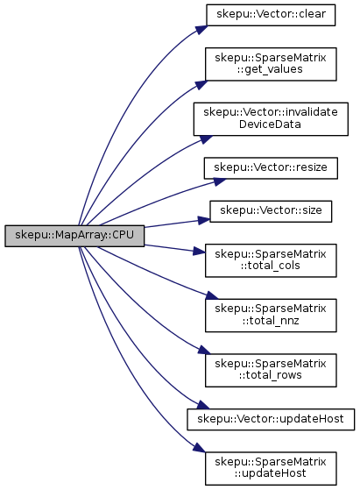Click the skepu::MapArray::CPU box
pyautogui.click(x=74, y=236)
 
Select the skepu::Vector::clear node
pyautogui.click(x=271, y=15)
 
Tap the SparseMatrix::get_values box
pyautogui.click(x=271, y=64)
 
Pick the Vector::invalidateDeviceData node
pyautogui.click(x=271, y=118)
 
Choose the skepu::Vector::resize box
pyautogui.click(x=271, y=168)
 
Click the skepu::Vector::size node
pyautogui.click(x=271, y=211)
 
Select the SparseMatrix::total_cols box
pyautogui.click(x=271, y=260)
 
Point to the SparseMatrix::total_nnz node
pyautogui.click(x=271, y=316)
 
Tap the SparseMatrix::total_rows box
pyautogui.click(x=271, y=370)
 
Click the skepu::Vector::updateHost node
pyautogui.click(x=271, y=419)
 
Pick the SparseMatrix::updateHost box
pyautogui.click(x=271, y=468)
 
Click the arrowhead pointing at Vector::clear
pyautogui.click(x=201, y=30)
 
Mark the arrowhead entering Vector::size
pyautogui.click(x=204, y=220)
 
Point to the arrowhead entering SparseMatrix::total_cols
pyautogui.click(x=199, y=251)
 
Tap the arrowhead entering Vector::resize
pyautogui.click(x=220, y=181)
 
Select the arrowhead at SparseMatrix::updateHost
pyautogui.click(x=199, y=448)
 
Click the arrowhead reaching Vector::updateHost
pyautogui.click(x=203, y=405)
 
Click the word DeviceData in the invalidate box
pyautogui.click(x=270, y=124)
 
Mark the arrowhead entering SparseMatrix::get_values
pyautogui.click(x=201, y=85)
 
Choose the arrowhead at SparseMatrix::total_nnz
pyautogui.click(x=211, y=295)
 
